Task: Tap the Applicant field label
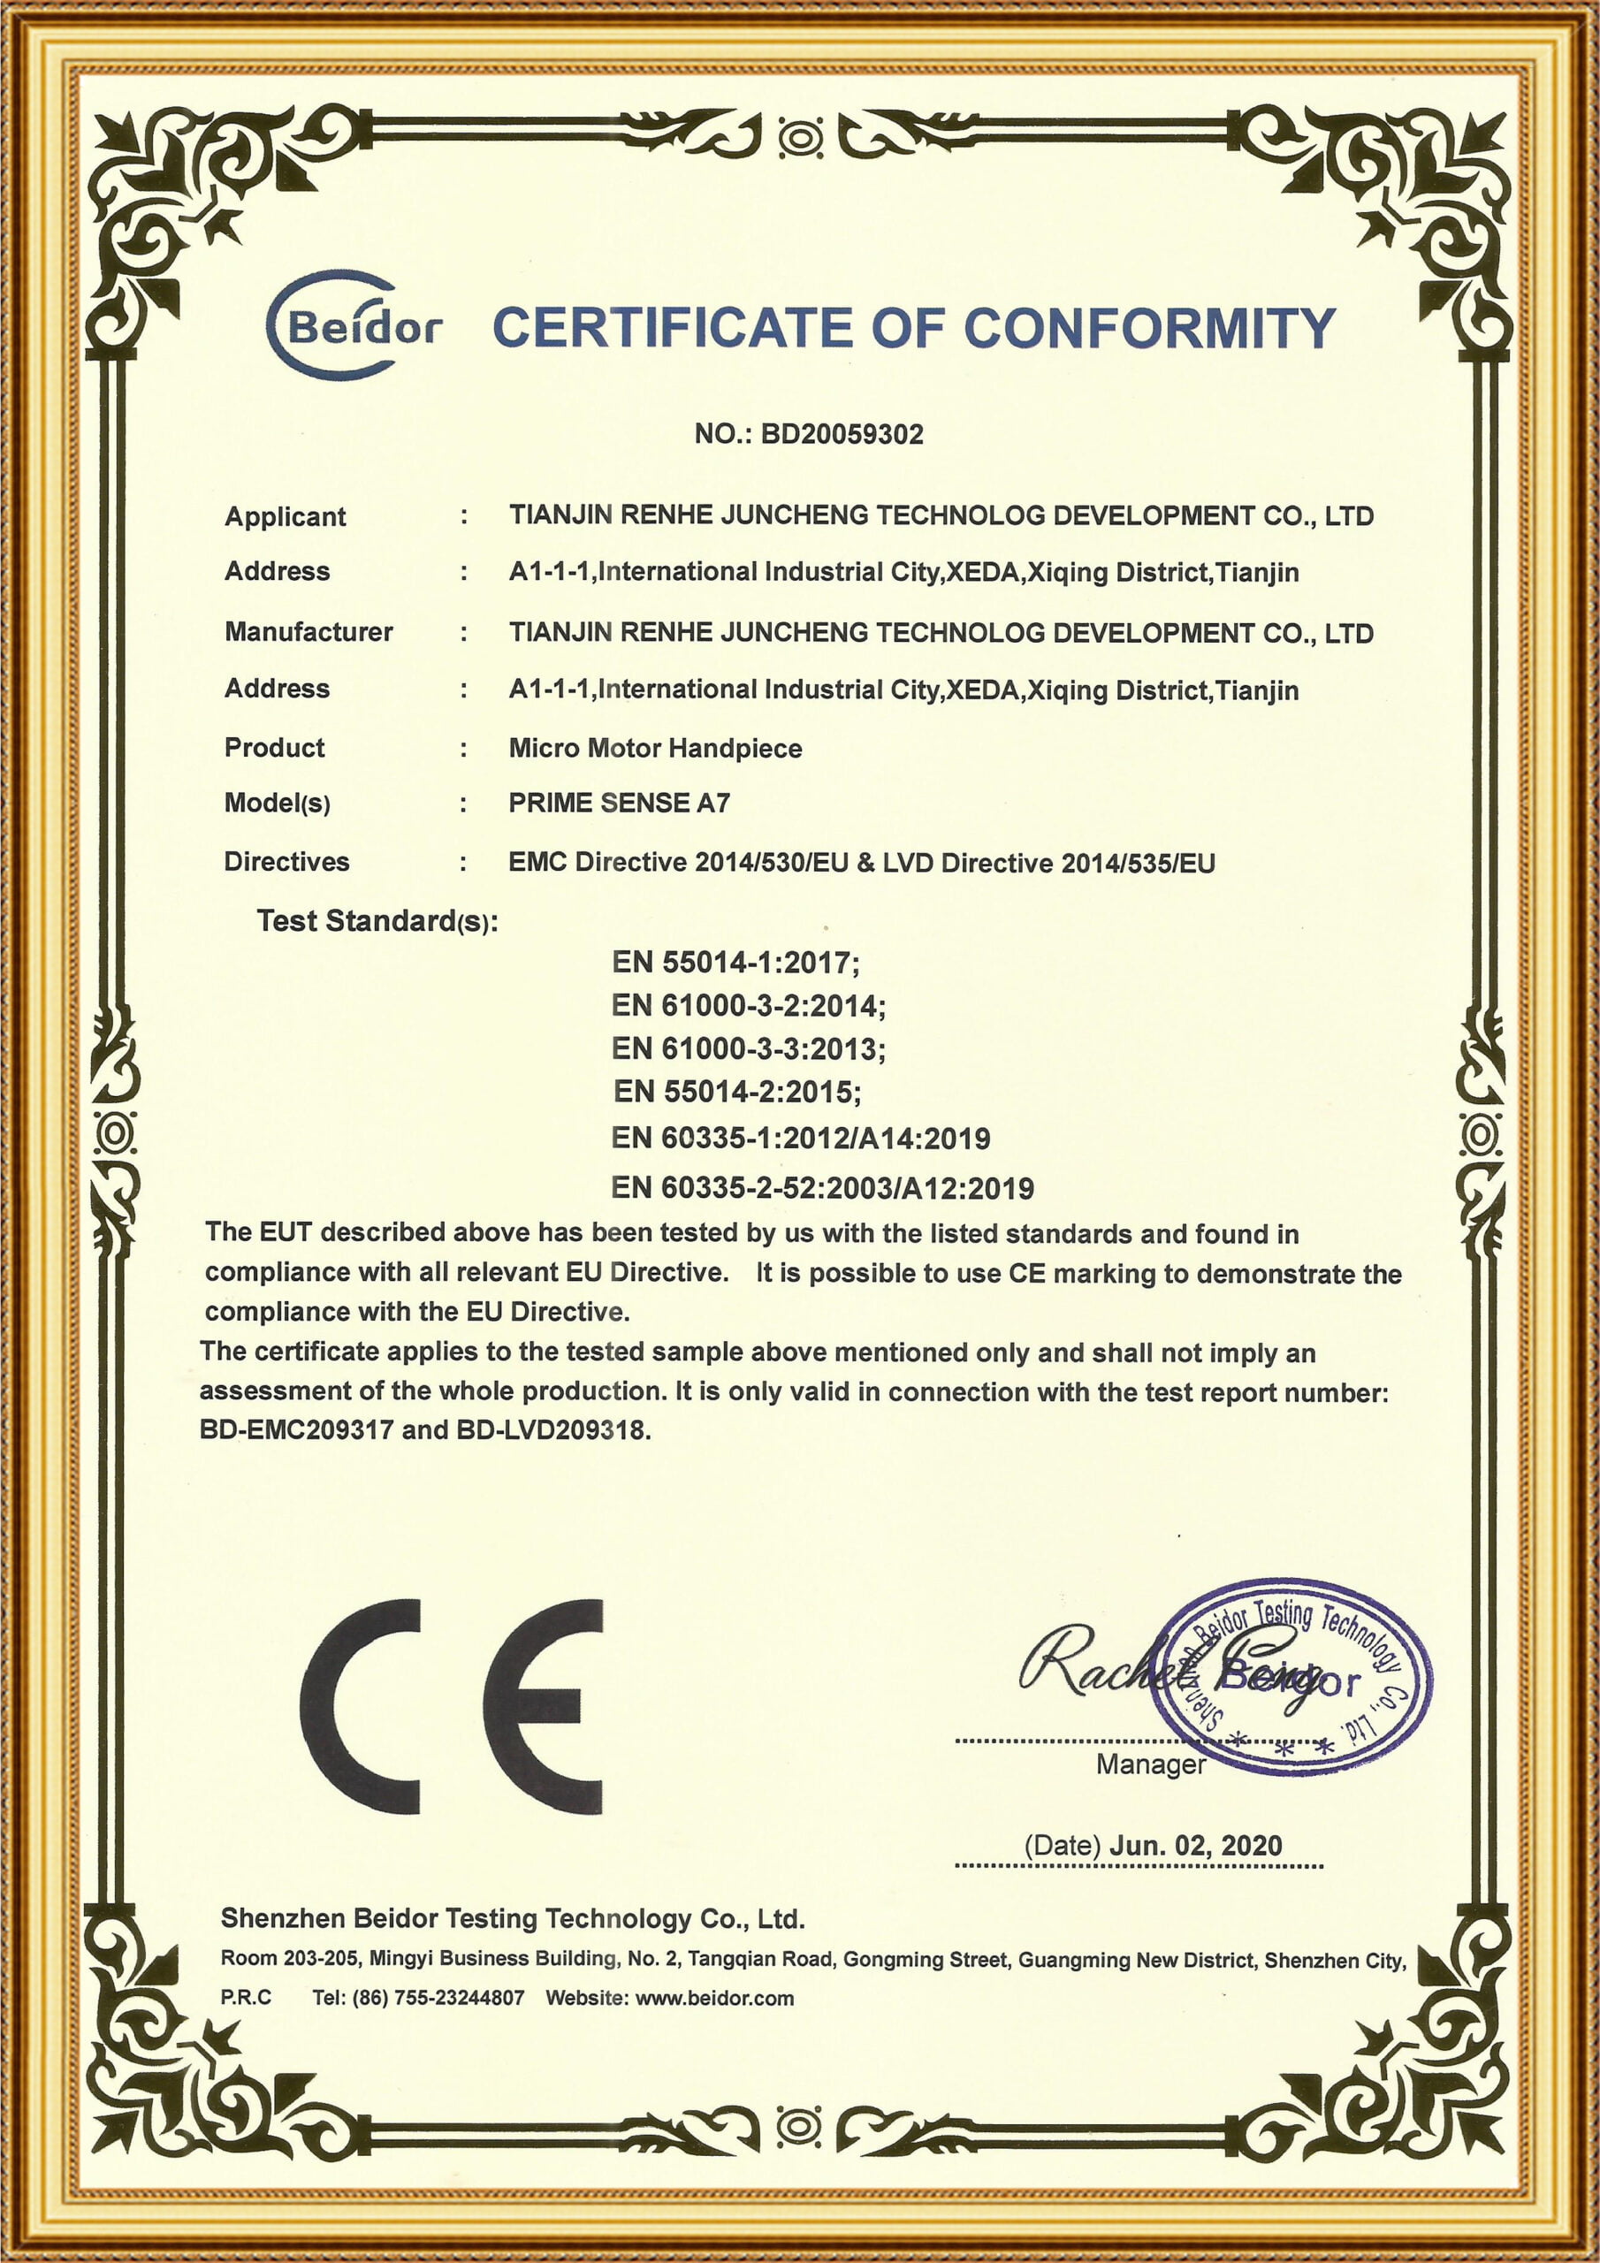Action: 285,516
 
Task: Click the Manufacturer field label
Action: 309,632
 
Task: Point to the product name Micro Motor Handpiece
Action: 655,748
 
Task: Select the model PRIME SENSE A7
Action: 619,804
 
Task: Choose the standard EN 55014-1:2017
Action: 735,962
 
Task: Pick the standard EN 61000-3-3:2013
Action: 748,1048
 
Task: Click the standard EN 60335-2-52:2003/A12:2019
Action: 822,1188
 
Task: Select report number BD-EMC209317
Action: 296,1429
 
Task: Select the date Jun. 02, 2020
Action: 1195,1845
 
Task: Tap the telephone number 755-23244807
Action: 459,1998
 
